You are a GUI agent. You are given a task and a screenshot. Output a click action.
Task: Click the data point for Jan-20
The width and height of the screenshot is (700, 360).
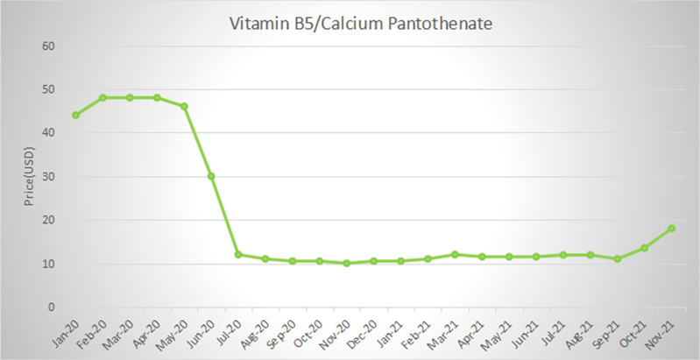(x=75, y=115)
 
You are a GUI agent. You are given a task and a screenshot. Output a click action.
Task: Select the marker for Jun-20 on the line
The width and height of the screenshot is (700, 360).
(x=211, y=176)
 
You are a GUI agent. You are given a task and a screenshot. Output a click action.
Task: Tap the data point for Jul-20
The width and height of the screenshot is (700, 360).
(x=238, y=255)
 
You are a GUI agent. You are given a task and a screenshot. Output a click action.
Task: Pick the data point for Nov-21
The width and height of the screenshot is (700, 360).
(x=671, y=229)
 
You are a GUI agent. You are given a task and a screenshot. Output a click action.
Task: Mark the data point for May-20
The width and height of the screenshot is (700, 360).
(x=184, y=106)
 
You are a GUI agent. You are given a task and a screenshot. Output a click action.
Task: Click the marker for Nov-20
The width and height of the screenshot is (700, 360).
(x=346, y=263)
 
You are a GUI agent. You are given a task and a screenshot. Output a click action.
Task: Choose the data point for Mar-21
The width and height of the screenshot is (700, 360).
(x=455, y=255)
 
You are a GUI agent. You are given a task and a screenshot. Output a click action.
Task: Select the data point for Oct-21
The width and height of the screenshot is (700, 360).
(x=644, y=248)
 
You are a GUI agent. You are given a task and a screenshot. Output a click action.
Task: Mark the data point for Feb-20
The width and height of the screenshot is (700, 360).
(x=103, y=97)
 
